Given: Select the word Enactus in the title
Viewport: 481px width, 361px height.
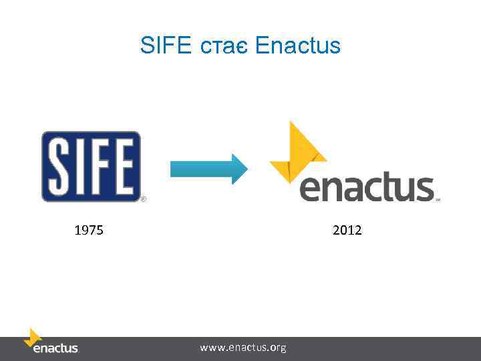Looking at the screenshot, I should (298, 46).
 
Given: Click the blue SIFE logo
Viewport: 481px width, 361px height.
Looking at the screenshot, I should (91, 166).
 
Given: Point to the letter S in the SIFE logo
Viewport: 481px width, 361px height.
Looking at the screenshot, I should (59, 166).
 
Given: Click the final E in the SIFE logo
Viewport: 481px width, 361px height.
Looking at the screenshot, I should (122, 166).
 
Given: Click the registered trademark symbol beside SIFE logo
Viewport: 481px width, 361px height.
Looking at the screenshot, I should (143, 199).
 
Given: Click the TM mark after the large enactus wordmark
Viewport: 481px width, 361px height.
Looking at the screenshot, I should (438, 199).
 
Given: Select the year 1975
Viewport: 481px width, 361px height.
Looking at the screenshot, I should (88, 231).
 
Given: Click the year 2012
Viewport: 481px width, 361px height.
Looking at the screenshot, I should (347, 231).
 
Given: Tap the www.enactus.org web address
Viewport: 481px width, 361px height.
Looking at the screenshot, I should (243, 348).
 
